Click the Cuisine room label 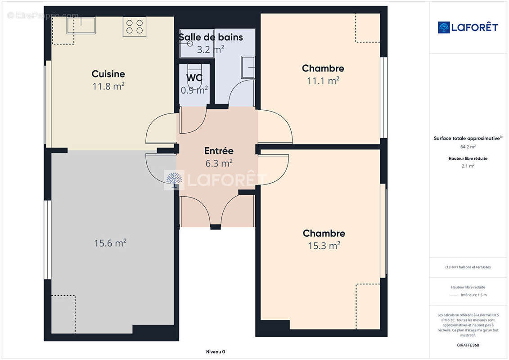[108, 74]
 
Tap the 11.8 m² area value [108, 86]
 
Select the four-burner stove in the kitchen [135, 27]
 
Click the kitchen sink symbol [81, 25]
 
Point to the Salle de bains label [211, 37]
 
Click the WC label [194, 77]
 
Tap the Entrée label [219, 151]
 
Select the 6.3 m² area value [219, 163]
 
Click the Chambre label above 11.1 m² [323, 68]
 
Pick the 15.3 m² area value [324, 246]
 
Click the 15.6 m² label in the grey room [110, 243]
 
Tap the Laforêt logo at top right [468, 27]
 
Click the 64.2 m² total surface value [468, 147]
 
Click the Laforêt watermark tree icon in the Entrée [174, 180]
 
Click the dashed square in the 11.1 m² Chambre [368, 28]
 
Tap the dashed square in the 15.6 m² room [63, 308]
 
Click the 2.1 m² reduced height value [468, 166]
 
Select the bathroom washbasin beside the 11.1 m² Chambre [248, 67]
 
